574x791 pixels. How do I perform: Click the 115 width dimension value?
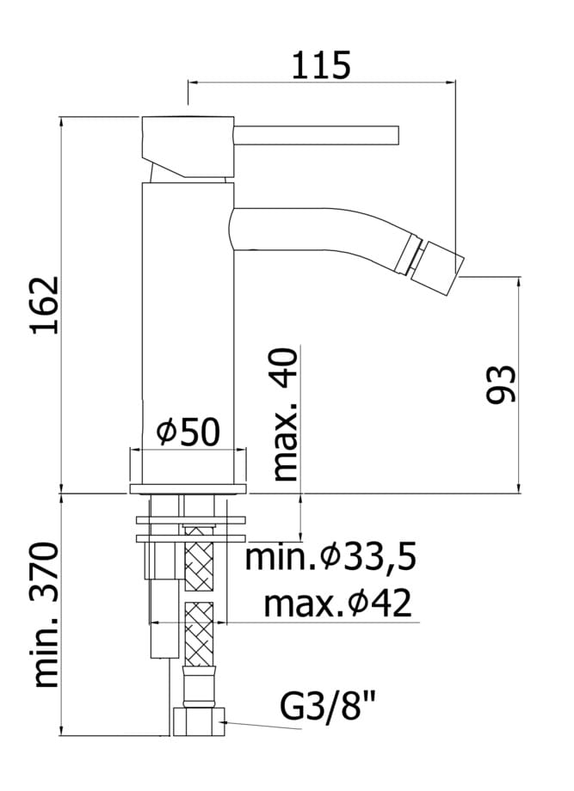(x=321, y=65)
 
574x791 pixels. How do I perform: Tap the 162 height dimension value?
(x=46, y=305)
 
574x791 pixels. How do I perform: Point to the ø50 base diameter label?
(x=188, y=432)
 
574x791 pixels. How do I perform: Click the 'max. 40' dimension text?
(x=285, y=414)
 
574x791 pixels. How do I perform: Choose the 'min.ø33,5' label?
(x=330, y=557)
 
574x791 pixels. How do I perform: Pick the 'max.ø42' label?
(x=337, y=604)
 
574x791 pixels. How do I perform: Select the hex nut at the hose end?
(x=199, y=721)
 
